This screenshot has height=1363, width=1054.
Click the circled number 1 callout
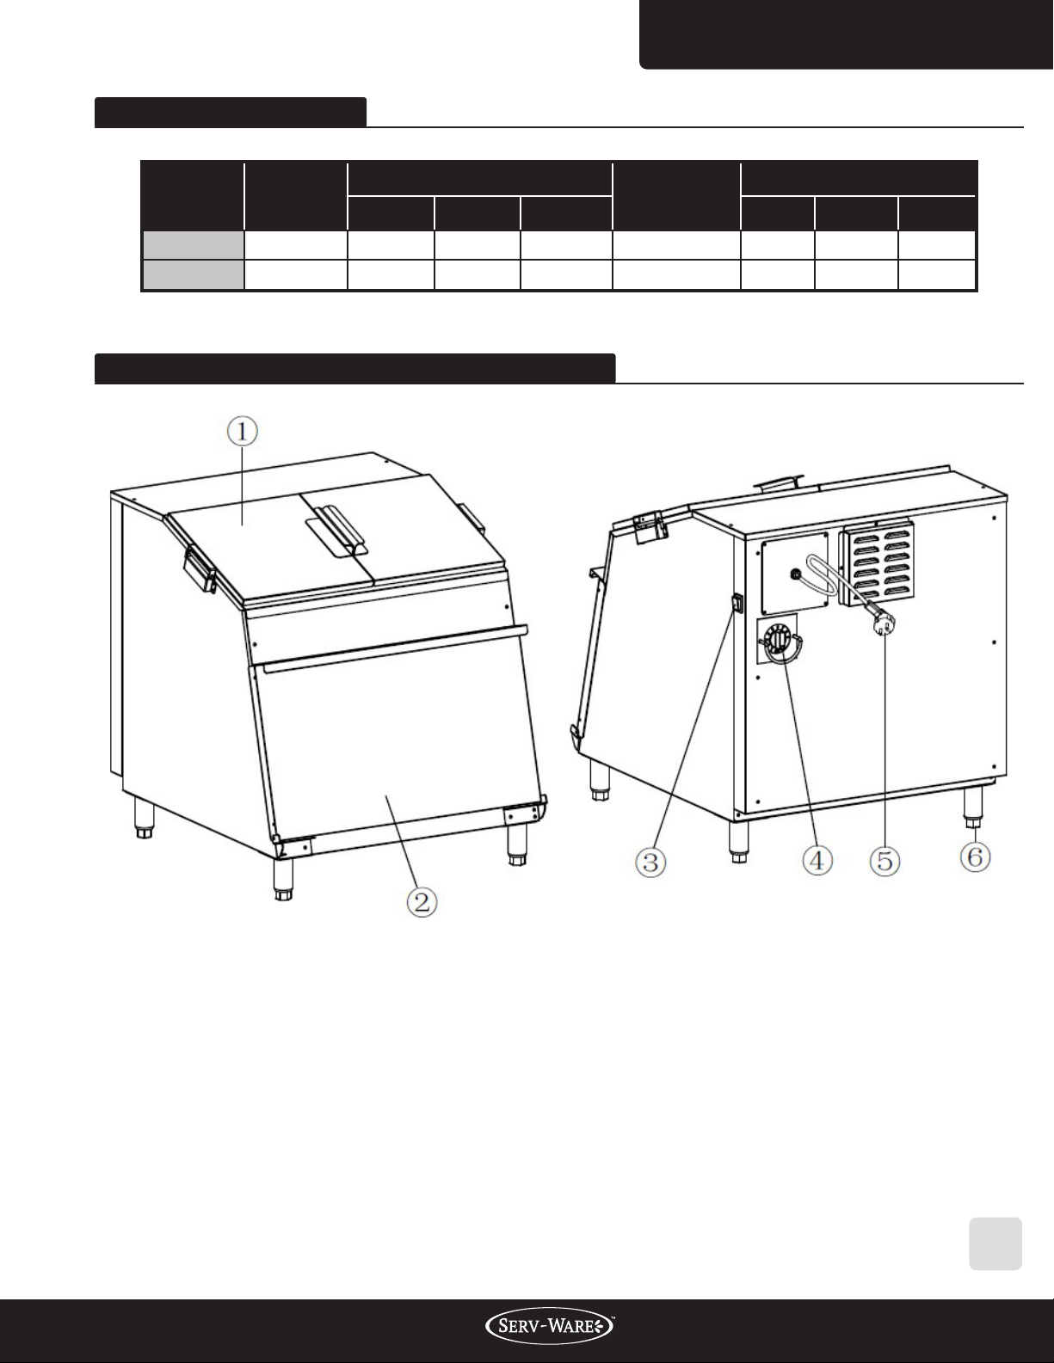pyautogui.click(x=242, y=432)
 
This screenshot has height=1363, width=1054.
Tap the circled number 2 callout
pyautogui.click(x=422, y=902)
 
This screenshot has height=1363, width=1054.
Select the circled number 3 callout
pyautogui.click(x=651, y=862)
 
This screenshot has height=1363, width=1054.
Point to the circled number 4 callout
pyautogui.click(x=817, y=860)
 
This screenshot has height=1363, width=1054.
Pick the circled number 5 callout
pyautogui.click(x=884, y=861)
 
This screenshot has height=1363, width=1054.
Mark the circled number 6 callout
pyautogui.click(x=976, y=856)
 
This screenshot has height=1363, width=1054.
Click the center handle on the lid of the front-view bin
pyautogui.click(x=340, y=531)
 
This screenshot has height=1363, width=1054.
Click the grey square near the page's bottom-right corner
pyautogui.click(x=995, y=1243)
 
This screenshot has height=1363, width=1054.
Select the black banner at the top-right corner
pyautogui.click(x=847, y=34)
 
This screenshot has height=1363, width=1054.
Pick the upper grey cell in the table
pyautogui.click(x=194, y=245)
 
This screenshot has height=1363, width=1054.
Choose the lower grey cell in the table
pyautogui.click(x=194, y=274)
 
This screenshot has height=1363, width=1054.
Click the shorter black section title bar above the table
pyautogui.click(x=231, y=113)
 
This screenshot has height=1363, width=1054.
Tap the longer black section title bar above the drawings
pyautogui.click(x=355, y=368)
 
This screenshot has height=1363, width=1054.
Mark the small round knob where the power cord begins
pyautogui.click(x=797, y=574)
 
